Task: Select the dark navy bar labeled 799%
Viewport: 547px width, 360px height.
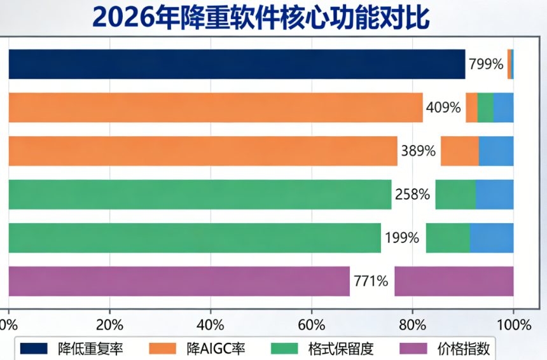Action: pos(237,64)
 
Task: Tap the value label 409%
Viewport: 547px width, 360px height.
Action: pos(443,107)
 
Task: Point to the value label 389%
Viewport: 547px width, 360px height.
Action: pos(418,151)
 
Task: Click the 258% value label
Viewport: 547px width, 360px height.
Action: pos(412,195)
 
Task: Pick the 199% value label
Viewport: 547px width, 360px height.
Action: pos(401,238)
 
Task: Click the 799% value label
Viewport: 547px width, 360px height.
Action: pos(486,64)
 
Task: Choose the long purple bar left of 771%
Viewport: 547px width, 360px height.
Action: pos(179,281)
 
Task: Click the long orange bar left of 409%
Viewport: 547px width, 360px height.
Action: pos(216,107)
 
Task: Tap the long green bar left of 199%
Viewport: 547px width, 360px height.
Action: pos(195,238)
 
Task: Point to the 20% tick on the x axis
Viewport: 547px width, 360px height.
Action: pos(109,325)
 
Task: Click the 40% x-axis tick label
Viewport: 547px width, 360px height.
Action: pos(211,325)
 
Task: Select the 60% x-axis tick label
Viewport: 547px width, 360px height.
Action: pos(312,325)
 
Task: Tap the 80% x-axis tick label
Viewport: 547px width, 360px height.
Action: pos(413,325)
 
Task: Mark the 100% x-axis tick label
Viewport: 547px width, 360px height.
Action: pos(514,325)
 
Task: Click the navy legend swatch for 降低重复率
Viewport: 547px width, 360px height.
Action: pos(34,348)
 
